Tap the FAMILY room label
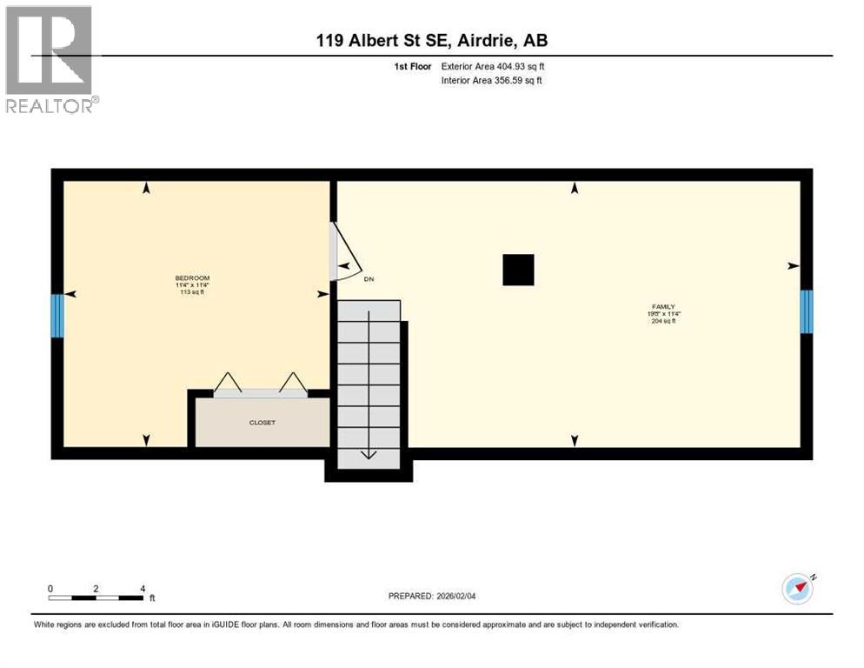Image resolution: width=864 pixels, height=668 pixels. (x=663, y=306)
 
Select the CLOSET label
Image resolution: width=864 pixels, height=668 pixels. (x=262, y=423)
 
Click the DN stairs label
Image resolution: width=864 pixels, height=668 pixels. (x=369, y=279)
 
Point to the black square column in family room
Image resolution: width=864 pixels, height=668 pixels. (x=518, y=270)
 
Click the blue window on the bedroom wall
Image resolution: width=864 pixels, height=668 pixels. (x=57, y=316)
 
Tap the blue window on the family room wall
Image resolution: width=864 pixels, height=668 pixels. (x=806, y=311)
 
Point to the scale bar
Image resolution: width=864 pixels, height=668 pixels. (x=96, y=597)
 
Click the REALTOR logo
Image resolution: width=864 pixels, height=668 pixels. (x=50, y=58)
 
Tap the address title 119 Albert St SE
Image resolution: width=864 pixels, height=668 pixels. (x=431, y=41)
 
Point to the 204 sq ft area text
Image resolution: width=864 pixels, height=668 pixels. (x=663, y=321)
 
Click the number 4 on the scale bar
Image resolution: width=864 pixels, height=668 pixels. (x=142, y=588)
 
